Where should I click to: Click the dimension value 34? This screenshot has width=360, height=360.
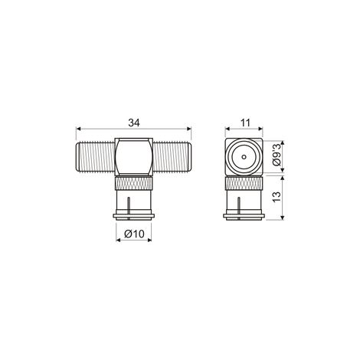(134, 123)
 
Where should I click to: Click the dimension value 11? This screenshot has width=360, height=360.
(245, 123)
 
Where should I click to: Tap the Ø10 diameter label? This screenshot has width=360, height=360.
(135, 234)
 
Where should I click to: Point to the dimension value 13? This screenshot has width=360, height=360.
(277, 197)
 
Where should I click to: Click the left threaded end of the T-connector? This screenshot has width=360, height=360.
(95, 157)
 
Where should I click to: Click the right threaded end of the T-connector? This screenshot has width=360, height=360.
(172, 157)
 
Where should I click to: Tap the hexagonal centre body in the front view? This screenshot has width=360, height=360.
(134, 157)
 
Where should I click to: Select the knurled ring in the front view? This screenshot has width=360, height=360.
(134, 183)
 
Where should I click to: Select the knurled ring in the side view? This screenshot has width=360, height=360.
(244, 183)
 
